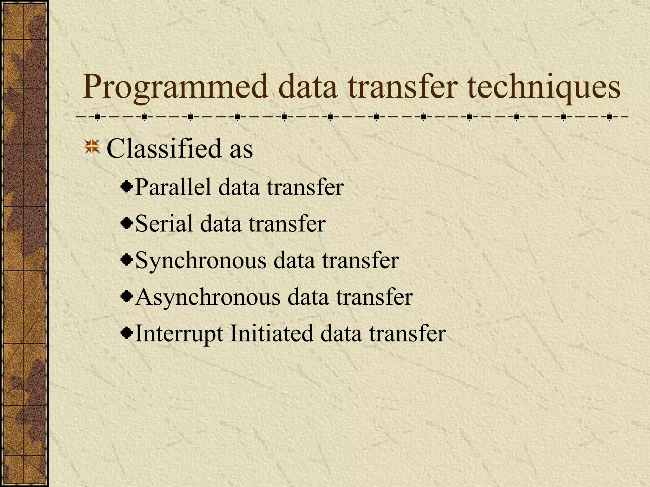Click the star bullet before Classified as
(x=92, y=147)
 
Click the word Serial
(x=164, y=224)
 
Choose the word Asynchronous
(x=208, y=297)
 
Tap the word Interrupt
(x=179, y=334)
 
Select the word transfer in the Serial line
(x=287, y=224)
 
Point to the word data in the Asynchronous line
(x=308, y=297)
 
